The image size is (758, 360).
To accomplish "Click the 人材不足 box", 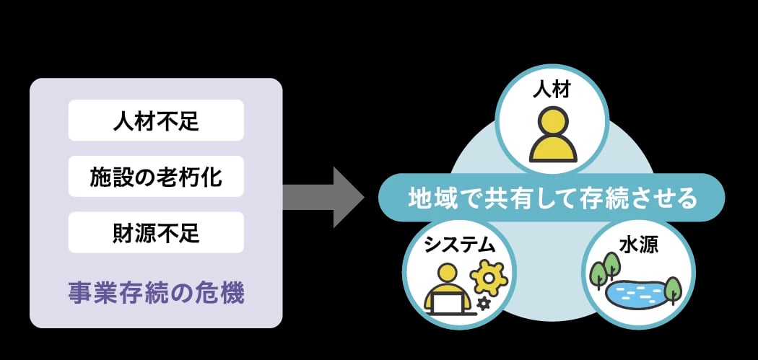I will click(x=156, y=120).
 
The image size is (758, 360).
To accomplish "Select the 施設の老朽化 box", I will click(x=156, y=176).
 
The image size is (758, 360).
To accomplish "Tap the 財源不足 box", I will click(x=156, y=232).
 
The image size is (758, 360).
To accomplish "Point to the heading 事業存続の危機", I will click(x=156, y=294).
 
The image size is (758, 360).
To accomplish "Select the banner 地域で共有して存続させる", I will click(x=552, y=197).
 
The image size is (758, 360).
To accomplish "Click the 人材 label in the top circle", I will click(x=552, y=90).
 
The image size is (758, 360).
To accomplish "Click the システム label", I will click(x=459, y=245).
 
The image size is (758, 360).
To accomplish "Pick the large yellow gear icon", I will click(x=488, y=278).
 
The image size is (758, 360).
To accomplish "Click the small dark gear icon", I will click(x=483, y=304).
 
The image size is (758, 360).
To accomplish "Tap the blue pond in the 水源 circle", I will click(x=635, y=291).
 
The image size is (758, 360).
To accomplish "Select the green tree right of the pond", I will click(x=672, y=289).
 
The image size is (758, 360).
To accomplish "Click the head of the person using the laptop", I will click(x=448, y=273).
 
